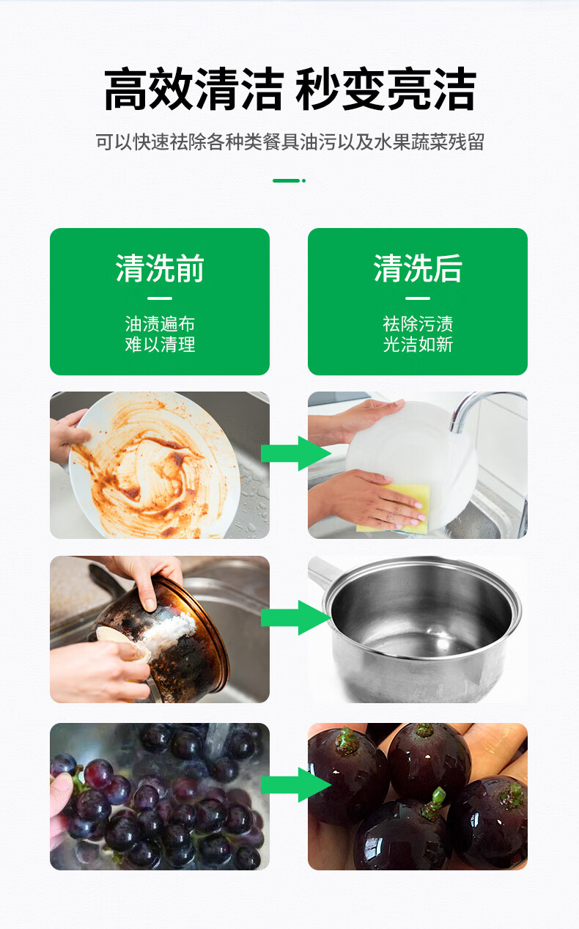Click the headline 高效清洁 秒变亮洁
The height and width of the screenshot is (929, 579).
click(289, 89)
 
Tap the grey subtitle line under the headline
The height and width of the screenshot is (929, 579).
click(289, 142)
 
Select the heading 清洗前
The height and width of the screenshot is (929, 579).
click(160, 268)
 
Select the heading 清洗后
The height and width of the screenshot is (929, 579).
click(418, 268)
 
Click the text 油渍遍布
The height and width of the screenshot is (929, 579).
click(160, 324)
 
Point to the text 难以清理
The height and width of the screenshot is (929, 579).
click(160, 344)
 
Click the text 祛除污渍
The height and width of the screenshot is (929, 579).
click(418, 324)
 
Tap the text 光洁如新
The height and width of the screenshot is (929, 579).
click(418, 344)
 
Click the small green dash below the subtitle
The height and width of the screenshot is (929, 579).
click(289, 180)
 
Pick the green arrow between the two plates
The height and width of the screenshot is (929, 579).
click(296, 453)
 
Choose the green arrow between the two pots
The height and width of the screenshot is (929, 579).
click(296, 617)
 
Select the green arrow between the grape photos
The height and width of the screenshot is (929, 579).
click(296, 785)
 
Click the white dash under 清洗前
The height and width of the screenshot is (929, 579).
click(160, 298)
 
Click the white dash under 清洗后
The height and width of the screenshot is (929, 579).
click(418, 298)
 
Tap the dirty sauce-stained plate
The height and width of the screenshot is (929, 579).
click(154, 466)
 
